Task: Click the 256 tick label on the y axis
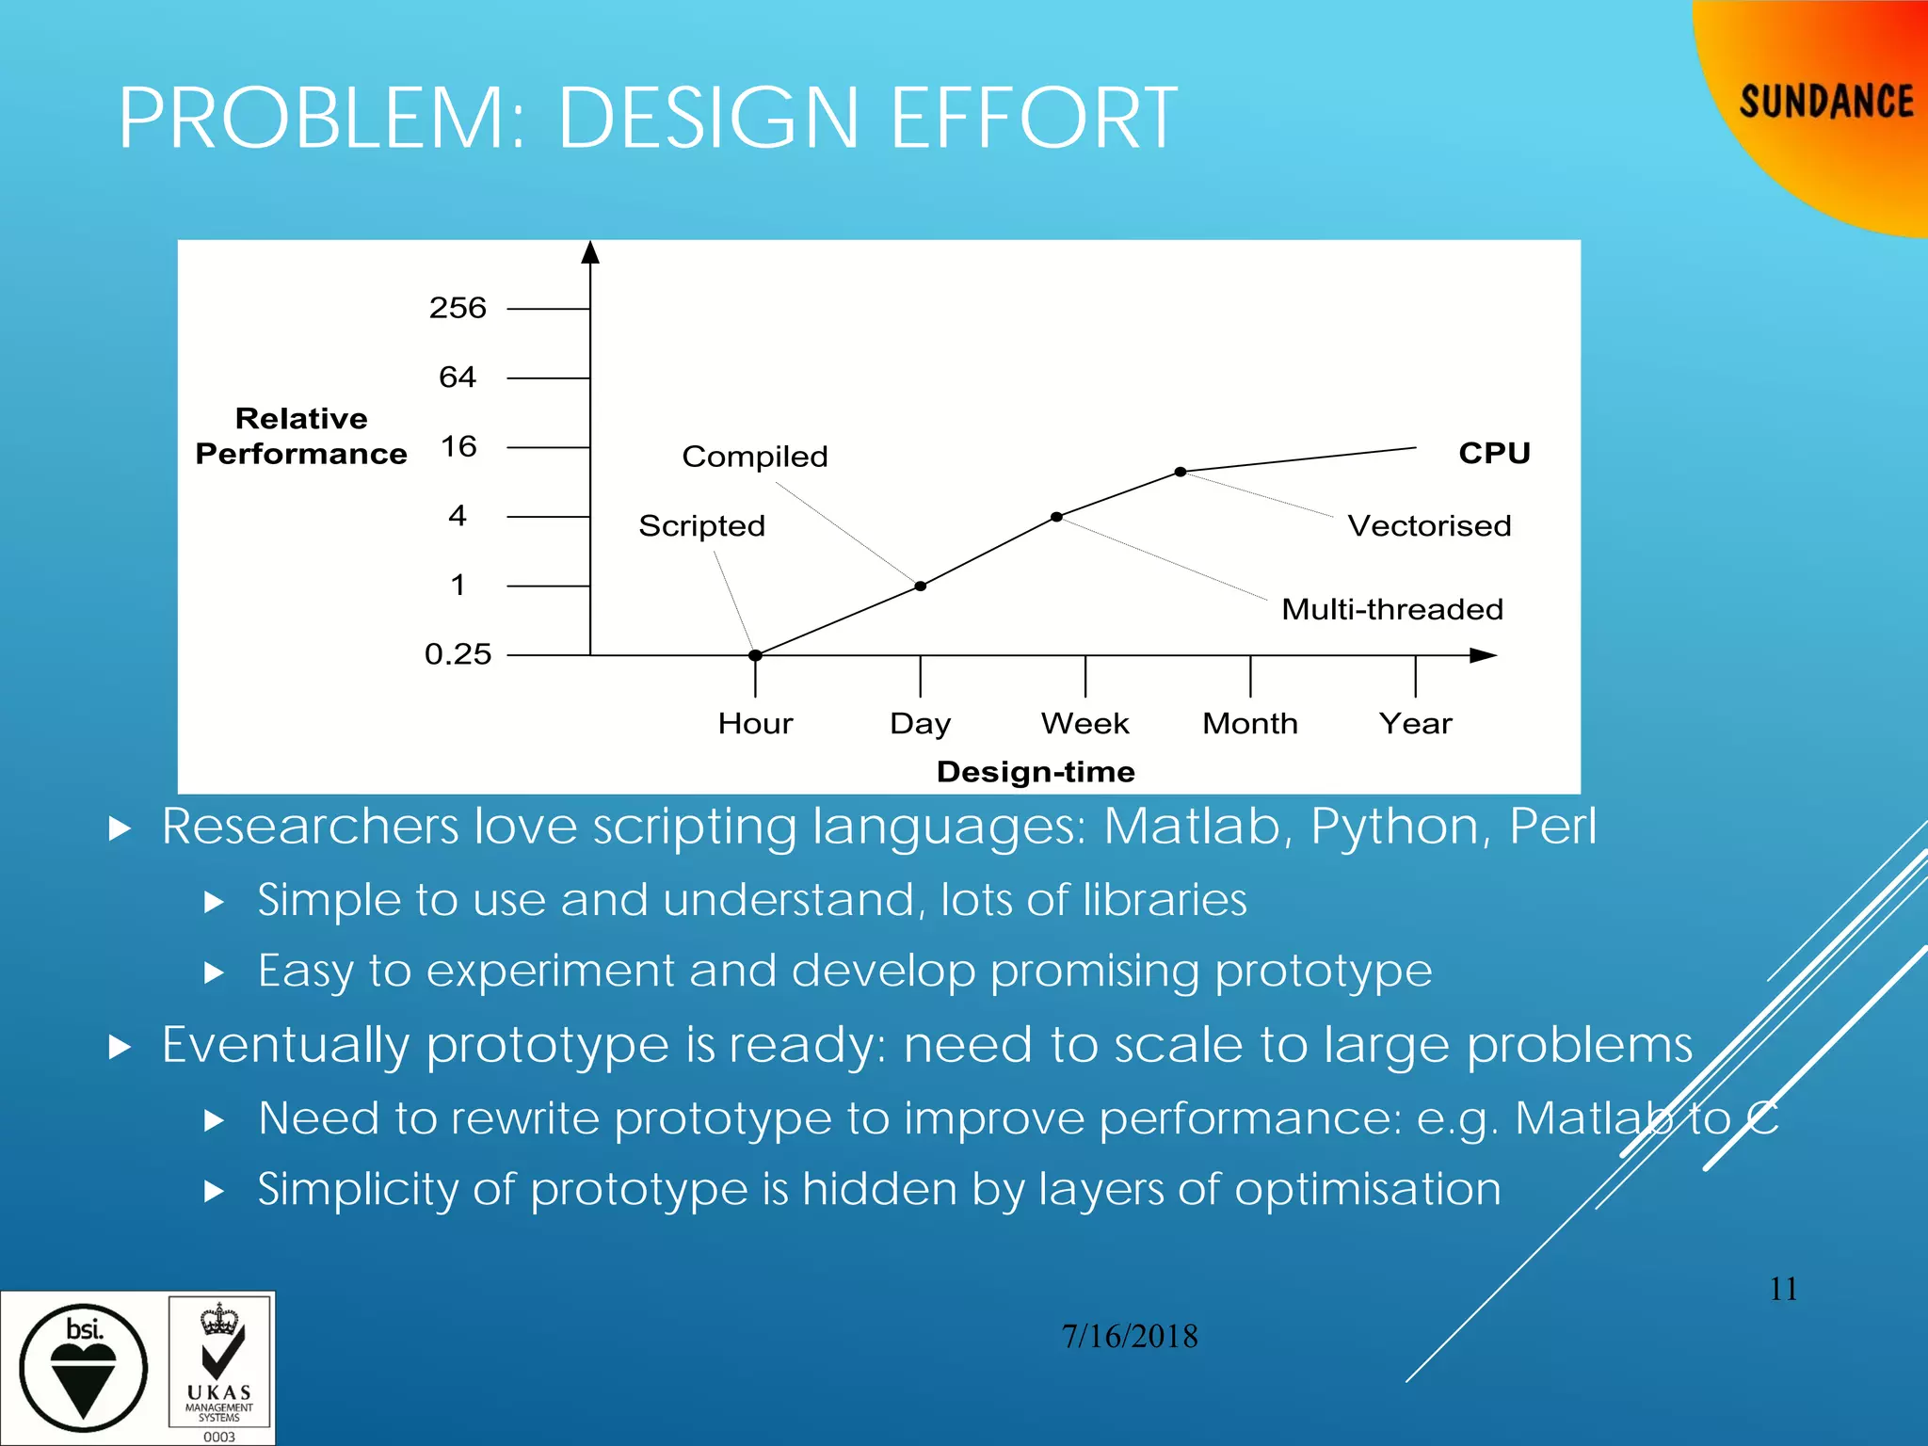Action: tap(458, 308)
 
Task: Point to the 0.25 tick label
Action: tap(458, 654)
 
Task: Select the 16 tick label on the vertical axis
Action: tap(458, 446)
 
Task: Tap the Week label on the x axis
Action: tap(1084, 723)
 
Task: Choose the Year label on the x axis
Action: tap(1415, 723)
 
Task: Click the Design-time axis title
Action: tap(1036, 772)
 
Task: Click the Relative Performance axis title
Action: tap(301, 436)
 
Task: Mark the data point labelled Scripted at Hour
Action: tap(755, 655)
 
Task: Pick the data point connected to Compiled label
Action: tap(921, 586)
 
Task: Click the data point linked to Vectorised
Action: tap(1180, 472)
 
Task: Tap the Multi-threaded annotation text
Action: tap(1391, 609)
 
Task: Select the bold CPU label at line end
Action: tap(1494, 453)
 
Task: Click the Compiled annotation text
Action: tap(754, 457)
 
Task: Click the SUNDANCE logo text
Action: tap(1825, 102)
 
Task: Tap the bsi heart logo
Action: tap(83, 1368)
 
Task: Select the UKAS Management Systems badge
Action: tap(219, 1368)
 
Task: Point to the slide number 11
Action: tap(1783, 1289)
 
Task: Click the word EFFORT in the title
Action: tap(1033, 119)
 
